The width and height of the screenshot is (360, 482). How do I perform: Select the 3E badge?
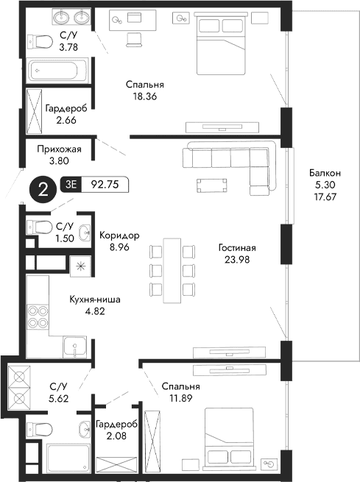(72, 185)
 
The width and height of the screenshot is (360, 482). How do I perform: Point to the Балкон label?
(325, 173)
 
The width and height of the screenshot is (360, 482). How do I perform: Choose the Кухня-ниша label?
(94, 300)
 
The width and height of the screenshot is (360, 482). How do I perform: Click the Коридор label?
(119, 235)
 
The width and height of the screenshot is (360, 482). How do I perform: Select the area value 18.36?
(143, 96)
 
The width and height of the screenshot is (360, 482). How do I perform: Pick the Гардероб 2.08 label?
(116, 425)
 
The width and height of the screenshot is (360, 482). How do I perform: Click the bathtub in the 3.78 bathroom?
(57, 71)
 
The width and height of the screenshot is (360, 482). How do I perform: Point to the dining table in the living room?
(170, 269)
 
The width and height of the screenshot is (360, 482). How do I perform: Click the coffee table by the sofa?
(211, 184)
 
